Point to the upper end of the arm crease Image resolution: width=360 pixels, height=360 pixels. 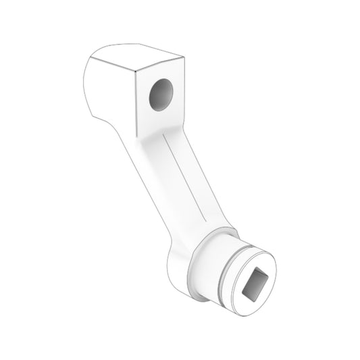[165, 138]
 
